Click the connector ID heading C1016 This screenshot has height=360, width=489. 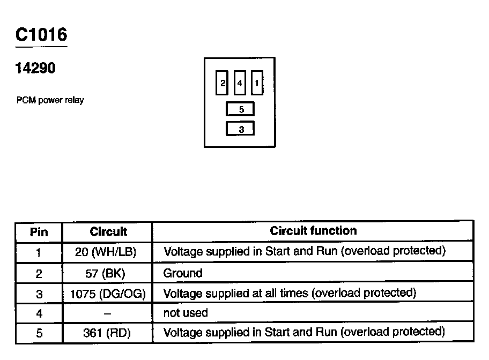point(41,35)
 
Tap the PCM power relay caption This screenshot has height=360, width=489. point(50,100)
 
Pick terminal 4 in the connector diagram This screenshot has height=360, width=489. point(240,83)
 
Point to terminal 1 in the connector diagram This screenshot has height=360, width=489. point(257,83)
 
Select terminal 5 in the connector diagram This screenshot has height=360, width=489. point(241,109)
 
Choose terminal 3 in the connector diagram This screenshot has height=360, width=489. point(241,129)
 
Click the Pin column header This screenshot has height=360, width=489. point(39,232)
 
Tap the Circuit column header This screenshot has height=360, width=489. point(108,231)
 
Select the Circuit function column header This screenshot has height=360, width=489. point(313,231)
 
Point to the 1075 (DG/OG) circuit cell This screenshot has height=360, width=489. point(108,294)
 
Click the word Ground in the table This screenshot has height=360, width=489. point(183,273)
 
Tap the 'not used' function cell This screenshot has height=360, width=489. point(186,312)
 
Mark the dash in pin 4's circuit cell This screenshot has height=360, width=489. point(108,313)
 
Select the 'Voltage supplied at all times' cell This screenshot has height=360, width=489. point(290,293)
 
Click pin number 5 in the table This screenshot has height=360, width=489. point(39,333)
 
